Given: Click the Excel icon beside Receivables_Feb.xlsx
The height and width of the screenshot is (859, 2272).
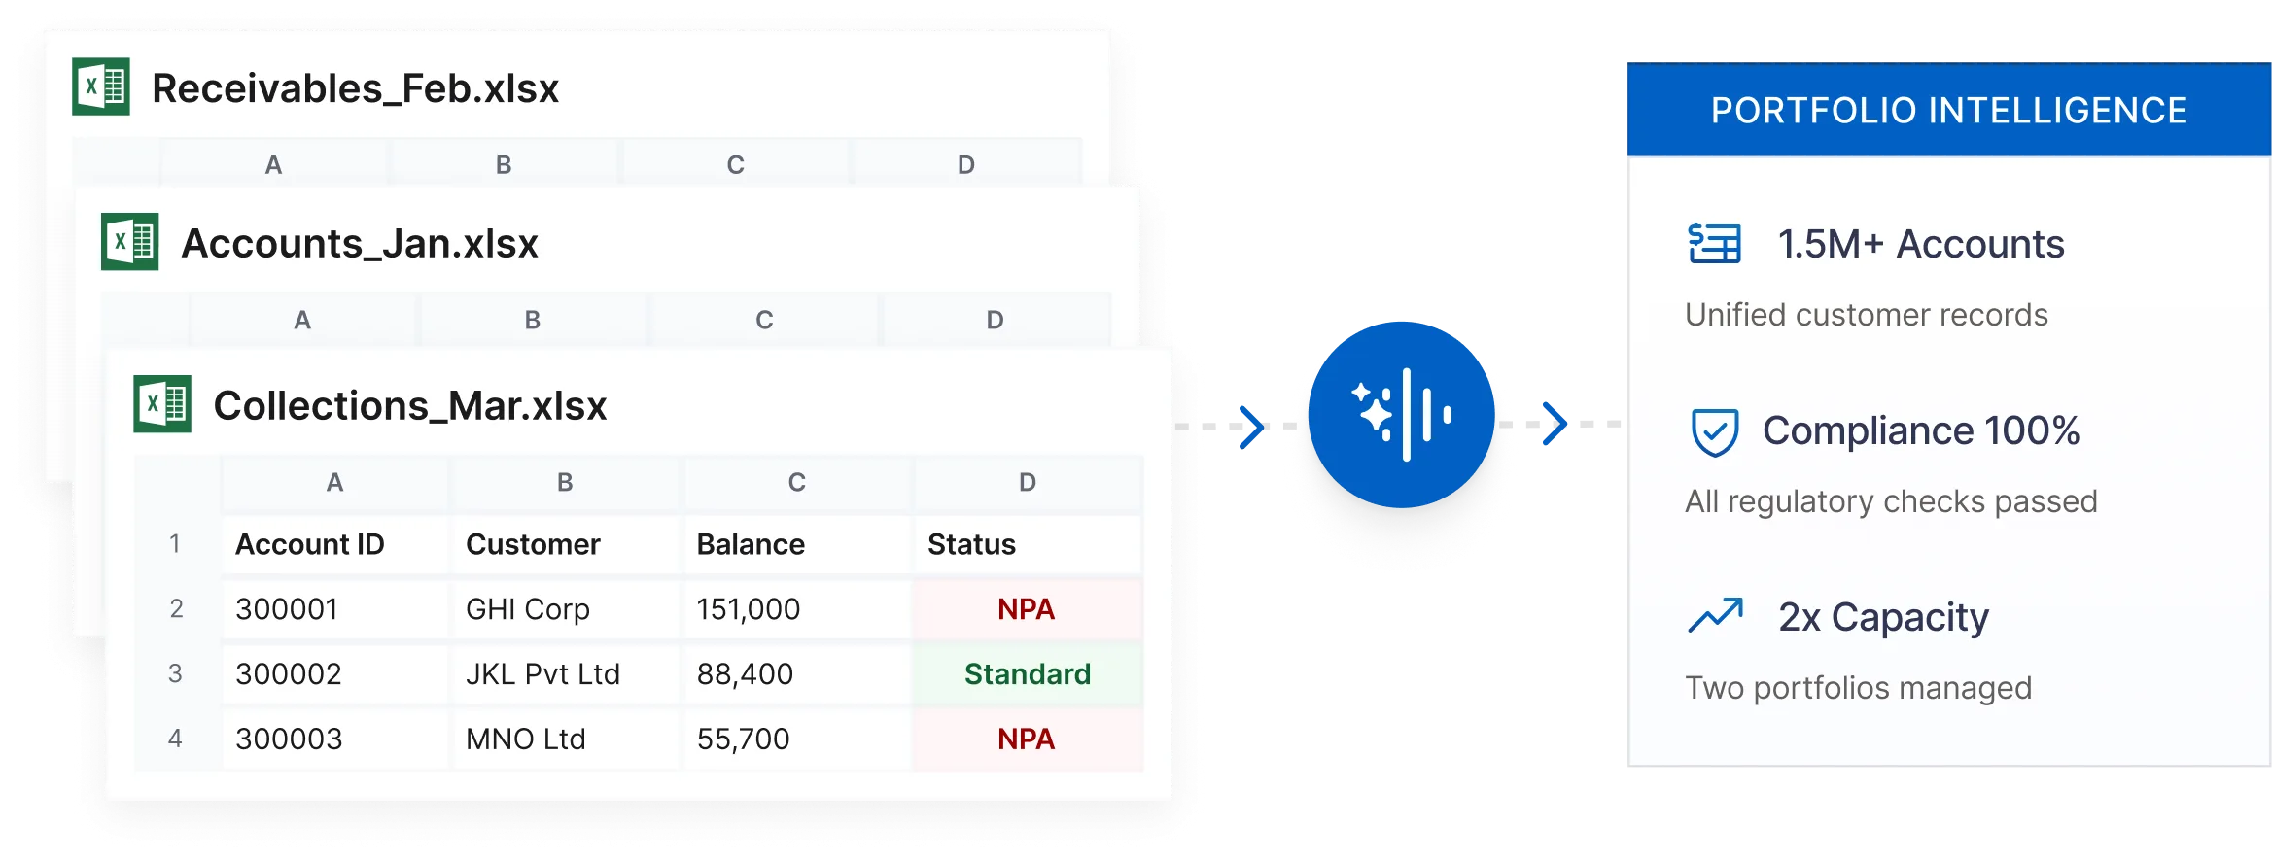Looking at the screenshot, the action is [101, 86].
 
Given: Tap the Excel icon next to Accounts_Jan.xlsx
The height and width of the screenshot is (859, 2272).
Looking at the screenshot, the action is [130, 241].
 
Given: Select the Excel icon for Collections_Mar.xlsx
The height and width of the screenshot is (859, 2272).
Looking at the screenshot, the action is [162, 403].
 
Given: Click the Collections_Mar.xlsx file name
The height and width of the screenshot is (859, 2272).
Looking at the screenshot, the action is [410, 405].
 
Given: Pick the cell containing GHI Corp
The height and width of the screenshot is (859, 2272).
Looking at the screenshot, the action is [565, 609].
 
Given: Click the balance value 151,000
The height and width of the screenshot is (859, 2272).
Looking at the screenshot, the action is [749, 609].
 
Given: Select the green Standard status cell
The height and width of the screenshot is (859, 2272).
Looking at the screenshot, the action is [1028, 673].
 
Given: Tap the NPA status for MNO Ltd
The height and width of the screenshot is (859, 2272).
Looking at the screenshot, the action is [1027, 739].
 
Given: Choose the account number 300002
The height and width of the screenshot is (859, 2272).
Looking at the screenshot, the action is [289, 673].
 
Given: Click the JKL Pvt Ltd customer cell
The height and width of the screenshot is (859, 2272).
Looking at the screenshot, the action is [565, 673].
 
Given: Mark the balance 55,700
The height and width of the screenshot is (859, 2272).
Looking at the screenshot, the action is [744, 739].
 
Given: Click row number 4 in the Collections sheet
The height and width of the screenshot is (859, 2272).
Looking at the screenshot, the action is [175, 739].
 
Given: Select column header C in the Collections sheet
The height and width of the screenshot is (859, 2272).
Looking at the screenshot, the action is [797, 482].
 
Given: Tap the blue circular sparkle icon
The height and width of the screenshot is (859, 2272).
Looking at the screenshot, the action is [1401, 415].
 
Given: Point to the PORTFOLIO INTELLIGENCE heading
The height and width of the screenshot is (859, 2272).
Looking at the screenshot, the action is [1949, 110].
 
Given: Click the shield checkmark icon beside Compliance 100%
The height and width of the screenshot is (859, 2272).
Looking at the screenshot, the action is [1715, 431].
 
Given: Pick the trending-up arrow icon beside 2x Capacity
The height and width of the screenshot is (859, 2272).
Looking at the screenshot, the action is [1716, 616].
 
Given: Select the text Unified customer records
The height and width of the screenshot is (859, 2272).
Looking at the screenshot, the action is [1867, 315].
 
